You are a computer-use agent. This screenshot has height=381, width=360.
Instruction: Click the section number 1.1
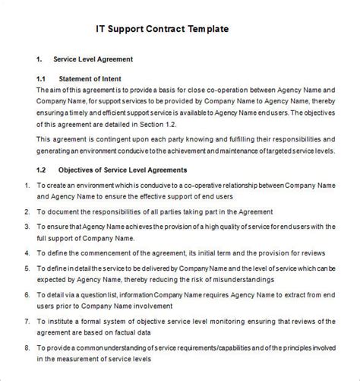(x=42, y=78)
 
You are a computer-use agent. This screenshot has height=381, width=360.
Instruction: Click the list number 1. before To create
(x=27, y=185)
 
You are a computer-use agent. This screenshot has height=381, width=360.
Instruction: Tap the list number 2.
(x=27, y=211)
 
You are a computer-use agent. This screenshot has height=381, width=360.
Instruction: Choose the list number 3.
(x=27, y=226)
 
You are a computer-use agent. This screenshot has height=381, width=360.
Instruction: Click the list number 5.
(x=27, y=267)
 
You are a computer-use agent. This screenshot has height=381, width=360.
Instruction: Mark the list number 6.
(x=27, y=292)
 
